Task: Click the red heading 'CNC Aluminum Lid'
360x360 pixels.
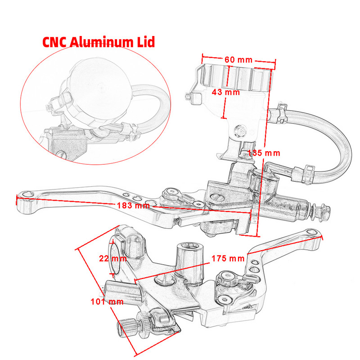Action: (99, 42)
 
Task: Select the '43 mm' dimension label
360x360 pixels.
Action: (225, 92)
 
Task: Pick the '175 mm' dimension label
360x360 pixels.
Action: (228, 258)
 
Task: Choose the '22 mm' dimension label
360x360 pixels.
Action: (112, 258)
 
